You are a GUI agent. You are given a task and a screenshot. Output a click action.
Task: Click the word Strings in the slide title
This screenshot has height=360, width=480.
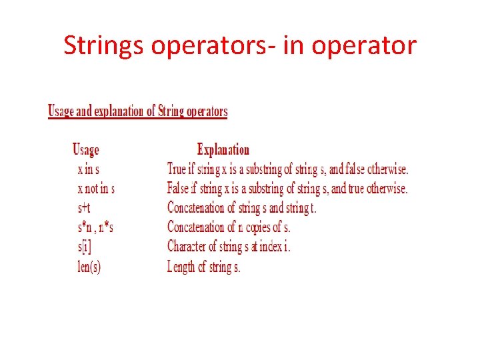point(104,46)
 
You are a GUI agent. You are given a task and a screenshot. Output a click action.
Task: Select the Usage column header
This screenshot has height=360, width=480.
point(85,150)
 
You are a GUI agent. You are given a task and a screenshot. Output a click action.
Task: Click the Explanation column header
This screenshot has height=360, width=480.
point(223,150)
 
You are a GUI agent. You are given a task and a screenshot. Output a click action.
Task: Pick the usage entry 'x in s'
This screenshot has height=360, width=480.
point(89,169)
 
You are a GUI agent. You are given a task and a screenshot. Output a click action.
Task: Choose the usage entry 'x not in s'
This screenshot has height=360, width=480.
point(96,189)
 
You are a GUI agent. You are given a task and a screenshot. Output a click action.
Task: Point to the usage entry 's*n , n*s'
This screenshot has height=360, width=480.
point(95,227)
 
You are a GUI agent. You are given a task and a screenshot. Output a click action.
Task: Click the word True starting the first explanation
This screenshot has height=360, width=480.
point(177,169)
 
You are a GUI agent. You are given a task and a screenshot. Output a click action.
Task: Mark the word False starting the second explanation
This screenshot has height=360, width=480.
point(179,189)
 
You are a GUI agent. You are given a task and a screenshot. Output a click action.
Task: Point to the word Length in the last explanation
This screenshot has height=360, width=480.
point(181,267)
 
